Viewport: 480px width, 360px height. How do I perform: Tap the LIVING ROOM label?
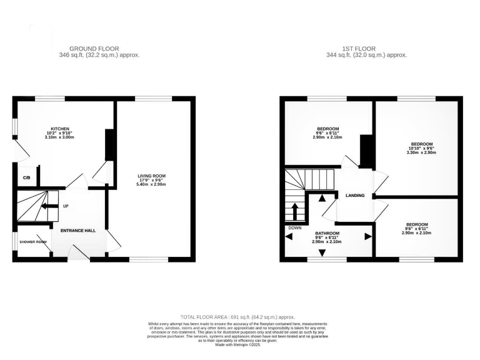coord(152,176)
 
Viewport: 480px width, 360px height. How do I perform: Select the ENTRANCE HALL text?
coord(78,231)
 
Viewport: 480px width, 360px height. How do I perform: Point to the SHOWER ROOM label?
coord(32,242)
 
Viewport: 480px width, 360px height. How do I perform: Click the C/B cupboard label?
coord(26,178)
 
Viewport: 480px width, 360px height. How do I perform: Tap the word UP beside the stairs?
coord(65,206)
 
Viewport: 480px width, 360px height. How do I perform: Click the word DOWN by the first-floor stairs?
coord(295,228)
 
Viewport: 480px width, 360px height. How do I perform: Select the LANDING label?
coord(354,196)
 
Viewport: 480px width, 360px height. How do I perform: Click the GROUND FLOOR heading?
coord(94,49)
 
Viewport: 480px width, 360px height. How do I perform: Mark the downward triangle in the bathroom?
coord(322,252)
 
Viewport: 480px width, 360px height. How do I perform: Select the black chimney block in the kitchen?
coord(109,146)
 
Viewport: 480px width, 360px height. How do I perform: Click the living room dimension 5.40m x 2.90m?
coord(152,186)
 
